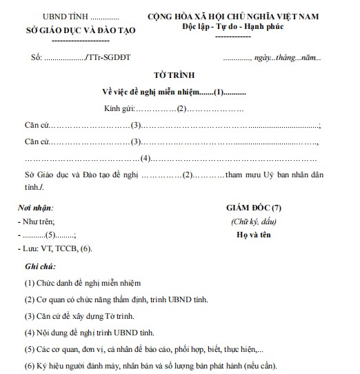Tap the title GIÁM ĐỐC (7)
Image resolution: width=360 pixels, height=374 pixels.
[253, 208]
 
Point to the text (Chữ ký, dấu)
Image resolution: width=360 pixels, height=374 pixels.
[253, 222]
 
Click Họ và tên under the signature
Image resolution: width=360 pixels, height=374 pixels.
[253, 235]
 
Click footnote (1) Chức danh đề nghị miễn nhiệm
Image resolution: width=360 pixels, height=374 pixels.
[82, 283]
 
